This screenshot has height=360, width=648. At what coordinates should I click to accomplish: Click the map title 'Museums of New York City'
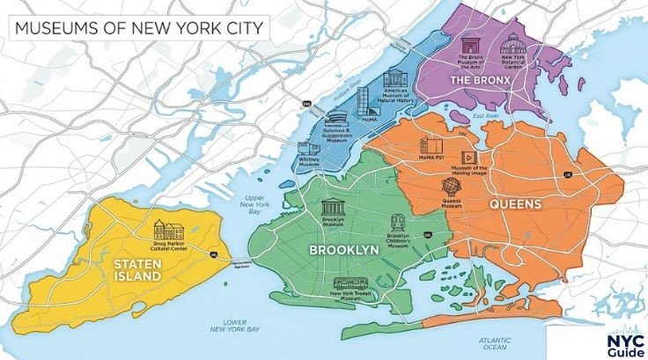[137, 26]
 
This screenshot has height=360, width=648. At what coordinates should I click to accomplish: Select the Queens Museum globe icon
[452, 187]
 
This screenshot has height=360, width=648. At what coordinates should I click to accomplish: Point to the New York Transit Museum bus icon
[349, 283]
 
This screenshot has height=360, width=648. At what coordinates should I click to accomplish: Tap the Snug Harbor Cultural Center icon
[166, 230]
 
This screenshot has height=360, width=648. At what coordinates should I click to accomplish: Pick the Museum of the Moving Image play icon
[468, 156]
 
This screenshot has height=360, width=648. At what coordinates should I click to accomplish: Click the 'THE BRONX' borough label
[480, 80]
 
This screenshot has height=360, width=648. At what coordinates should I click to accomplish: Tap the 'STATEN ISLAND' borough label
[136, 269]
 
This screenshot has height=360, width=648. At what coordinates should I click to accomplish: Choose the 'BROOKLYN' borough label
[343, 250]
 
